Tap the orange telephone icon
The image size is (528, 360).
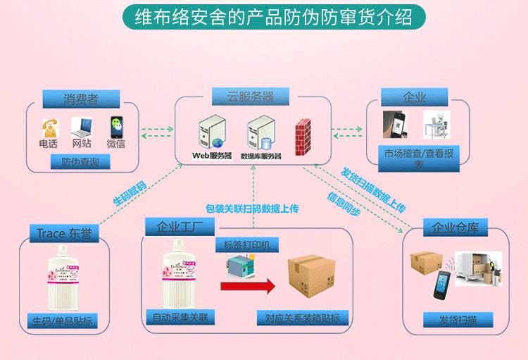click(49, 127)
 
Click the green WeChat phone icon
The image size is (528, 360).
click(116, 126)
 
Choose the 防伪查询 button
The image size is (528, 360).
click(80, 163)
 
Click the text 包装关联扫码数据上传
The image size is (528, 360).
click(252, 209)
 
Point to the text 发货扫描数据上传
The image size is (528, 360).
click(372, 189)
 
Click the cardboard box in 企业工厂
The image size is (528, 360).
click(310, 278)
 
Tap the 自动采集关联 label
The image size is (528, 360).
click(180, 318)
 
